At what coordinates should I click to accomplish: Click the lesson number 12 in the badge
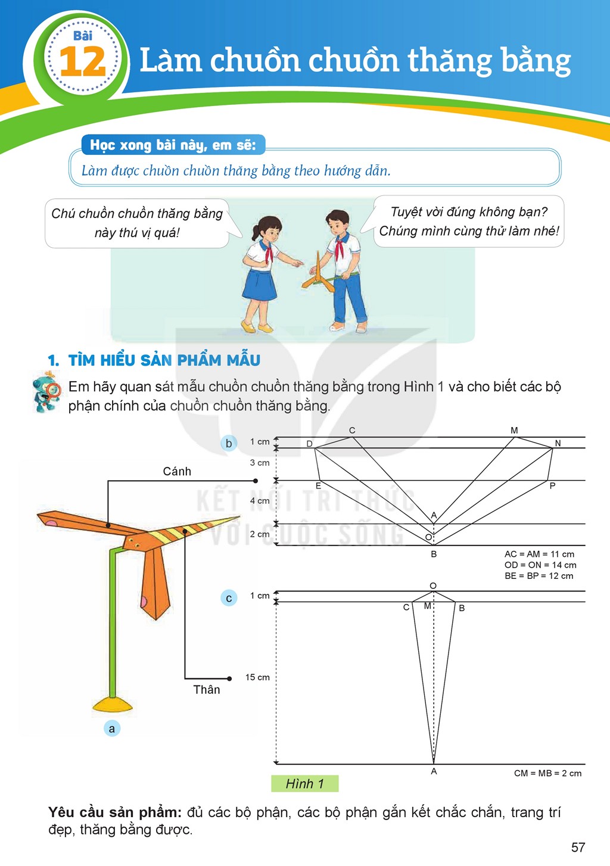pos(83,61)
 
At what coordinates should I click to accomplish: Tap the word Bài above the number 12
pos(83,36)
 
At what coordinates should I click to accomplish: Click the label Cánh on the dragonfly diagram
pos(177,471)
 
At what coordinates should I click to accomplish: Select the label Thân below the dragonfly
pos(207,690)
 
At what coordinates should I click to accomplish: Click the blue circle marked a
pos(112,728)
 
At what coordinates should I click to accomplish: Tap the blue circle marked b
pos(229,443)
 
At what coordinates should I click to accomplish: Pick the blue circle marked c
pos(229,599)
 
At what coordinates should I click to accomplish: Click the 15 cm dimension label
pos(257,677)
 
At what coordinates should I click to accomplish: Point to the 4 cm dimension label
pos(260,501)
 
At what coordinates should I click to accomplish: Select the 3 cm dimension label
pos(260,463)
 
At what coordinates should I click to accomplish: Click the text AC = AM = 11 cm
pos(539,554)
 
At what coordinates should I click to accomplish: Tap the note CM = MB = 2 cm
pos(548,773)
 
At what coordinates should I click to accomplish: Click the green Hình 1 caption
pos(304,784)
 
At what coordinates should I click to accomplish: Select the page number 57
pos(578,848)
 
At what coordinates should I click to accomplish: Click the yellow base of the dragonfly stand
pos(113,705)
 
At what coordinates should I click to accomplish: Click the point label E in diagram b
pos(319,486)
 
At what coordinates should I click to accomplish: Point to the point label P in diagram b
pos(552,485)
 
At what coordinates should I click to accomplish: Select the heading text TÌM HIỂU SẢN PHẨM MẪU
pos(164,360)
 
